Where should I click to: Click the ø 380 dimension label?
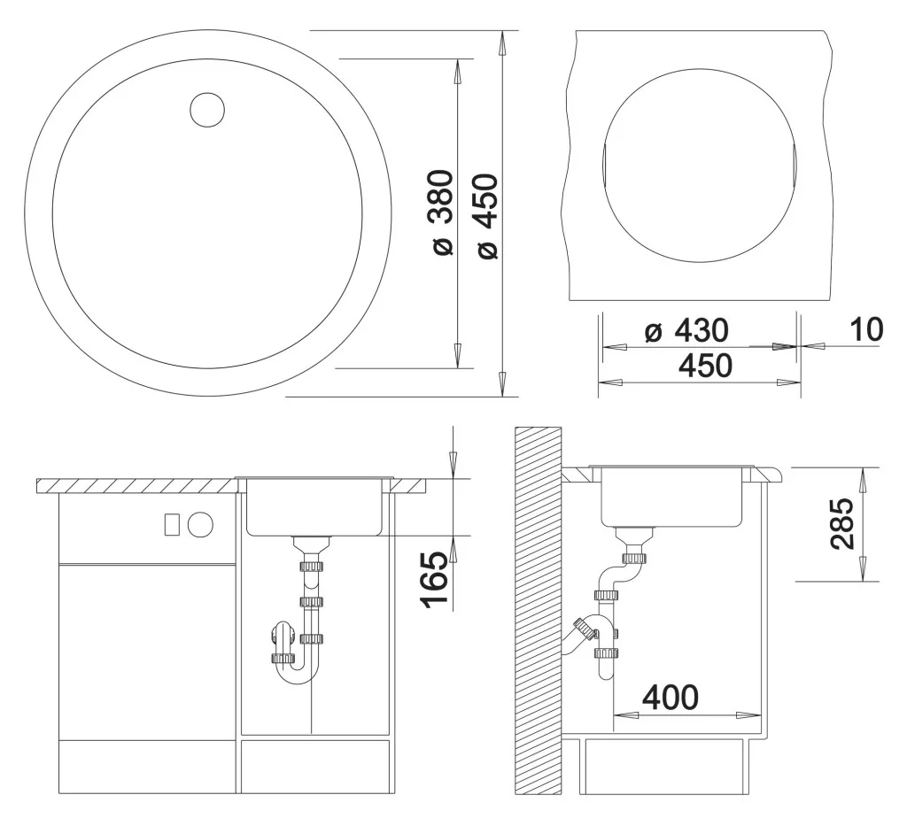click(x=443, y=212)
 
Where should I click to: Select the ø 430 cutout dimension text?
click(x=687, y=330)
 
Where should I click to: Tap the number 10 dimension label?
click(x=866, y=329)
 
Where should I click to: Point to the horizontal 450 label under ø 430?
click(x=706, y=366)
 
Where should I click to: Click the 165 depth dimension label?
click(x=435, y=579)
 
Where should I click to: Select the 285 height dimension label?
click(x=841, y=524)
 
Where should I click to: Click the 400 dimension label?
click(x=671, y=697)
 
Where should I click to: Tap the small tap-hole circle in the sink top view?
click(x=207, y=109)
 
